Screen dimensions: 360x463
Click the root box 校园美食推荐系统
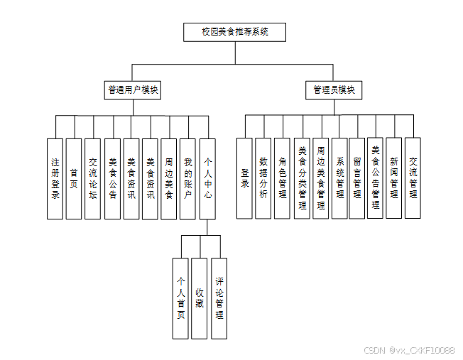(234, 33)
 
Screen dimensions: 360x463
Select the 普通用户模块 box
(133, 90)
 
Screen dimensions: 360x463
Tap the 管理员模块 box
(334, 90)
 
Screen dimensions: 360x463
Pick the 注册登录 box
(55, 178)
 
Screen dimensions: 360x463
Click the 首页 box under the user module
(74, 178)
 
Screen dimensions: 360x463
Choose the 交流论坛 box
(92, 178)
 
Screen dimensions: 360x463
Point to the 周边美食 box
(168, 178)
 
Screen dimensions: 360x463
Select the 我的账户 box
(187, 178)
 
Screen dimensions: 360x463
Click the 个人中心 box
(207, 178)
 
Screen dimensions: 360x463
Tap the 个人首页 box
(181, 298)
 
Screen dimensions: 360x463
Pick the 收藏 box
(200, 298)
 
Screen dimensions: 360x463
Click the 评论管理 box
(219, 298)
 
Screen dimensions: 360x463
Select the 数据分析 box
(263, 178)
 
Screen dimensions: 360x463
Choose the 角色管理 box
(283, 178)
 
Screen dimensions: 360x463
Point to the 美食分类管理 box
(302, 178)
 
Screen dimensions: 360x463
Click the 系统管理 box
(339, 178)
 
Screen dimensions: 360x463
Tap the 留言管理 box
(356, 178)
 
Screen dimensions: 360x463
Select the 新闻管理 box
(394, 178)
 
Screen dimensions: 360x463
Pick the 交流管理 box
(413, 178)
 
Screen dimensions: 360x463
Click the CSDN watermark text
(408, 351)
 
